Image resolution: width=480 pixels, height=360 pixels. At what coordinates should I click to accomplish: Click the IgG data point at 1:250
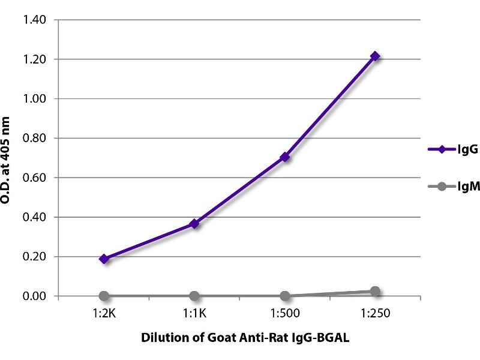coord(375,56)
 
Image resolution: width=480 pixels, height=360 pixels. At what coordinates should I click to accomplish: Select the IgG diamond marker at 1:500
coord(285,157)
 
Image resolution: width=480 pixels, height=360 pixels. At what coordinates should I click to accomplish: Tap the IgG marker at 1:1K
coord(194,224)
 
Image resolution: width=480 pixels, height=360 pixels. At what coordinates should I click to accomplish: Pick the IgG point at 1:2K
coord(104,259)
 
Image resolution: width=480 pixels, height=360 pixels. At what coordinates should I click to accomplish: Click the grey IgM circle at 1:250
coord(375,292)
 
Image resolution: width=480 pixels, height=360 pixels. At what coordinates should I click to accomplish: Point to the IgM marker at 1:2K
coord(104,296)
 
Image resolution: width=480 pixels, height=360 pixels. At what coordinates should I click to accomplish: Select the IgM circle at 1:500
coord(285,296)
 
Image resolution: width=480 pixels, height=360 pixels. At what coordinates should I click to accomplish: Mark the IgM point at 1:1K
coord(194,296)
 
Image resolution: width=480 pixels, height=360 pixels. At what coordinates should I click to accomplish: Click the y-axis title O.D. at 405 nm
coord(8,157)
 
